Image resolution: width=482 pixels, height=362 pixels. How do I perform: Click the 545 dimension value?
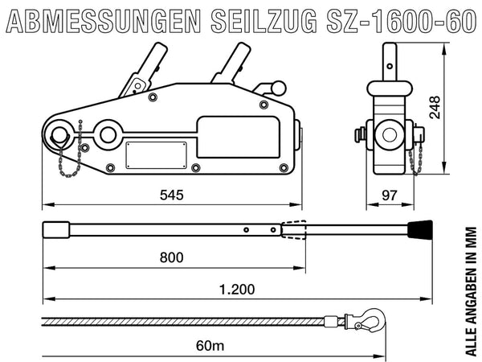click(x=172, y=195)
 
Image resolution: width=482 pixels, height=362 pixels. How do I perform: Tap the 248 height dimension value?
click(x=435, y=108)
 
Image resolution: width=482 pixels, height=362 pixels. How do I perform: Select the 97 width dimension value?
click(x=389, y=195)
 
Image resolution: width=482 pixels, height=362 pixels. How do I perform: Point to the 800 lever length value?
click(x=172, y=257)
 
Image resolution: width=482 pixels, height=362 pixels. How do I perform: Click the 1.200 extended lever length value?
click(x=237, y=290)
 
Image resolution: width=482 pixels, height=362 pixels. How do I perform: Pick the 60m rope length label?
click(x=210, y=346)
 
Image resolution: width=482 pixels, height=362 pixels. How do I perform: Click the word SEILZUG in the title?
click(x=264, y=21)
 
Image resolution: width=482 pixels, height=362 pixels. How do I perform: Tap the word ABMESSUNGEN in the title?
click(x=104, y=21)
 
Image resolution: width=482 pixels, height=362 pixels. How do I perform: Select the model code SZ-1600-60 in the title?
click(x=401, y=21)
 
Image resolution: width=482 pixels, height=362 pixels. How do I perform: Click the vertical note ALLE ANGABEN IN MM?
click(x=471, y=291)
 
